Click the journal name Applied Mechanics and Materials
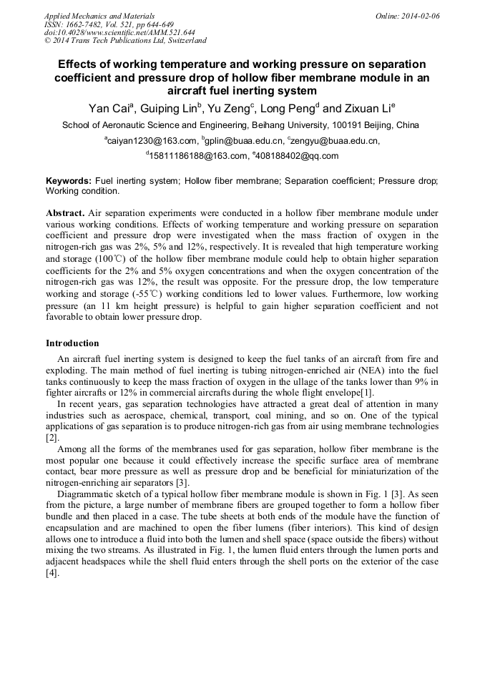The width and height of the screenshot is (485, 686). [x=99, y=16]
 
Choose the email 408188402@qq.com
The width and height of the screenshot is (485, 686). [x=296, y=156]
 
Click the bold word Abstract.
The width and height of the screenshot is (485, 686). [x=65, y=213]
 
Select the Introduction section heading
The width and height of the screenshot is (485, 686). [x=72, y=343]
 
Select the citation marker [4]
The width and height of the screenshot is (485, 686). [x=52, y=573]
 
